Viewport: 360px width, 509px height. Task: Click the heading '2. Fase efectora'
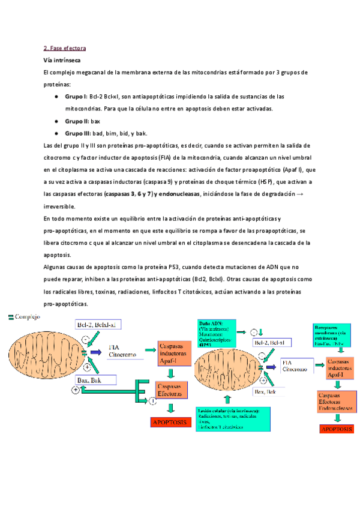tap(65, 48)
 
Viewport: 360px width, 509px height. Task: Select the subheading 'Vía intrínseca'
tap(62, 61)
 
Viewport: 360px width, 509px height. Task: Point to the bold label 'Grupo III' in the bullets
tap(77, 133)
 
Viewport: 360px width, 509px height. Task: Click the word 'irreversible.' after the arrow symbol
tap(60, 206)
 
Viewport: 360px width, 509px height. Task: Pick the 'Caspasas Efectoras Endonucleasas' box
tap(338, 402)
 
